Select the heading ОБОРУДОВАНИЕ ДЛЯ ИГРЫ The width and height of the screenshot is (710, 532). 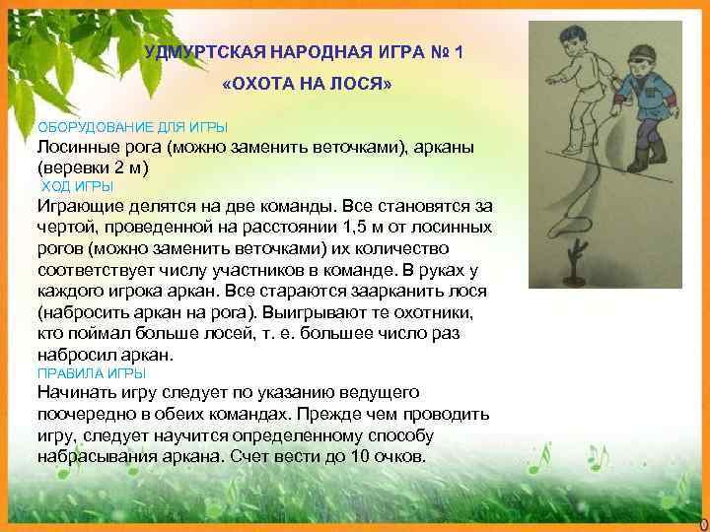click(132, 128)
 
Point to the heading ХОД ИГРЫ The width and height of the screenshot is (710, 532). click(77, 186)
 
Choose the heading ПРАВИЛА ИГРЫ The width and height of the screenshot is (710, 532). click(91, 374)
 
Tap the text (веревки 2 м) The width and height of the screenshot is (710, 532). click(93, 167)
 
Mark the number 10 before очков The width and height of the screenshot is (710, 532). click(373, 458)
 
